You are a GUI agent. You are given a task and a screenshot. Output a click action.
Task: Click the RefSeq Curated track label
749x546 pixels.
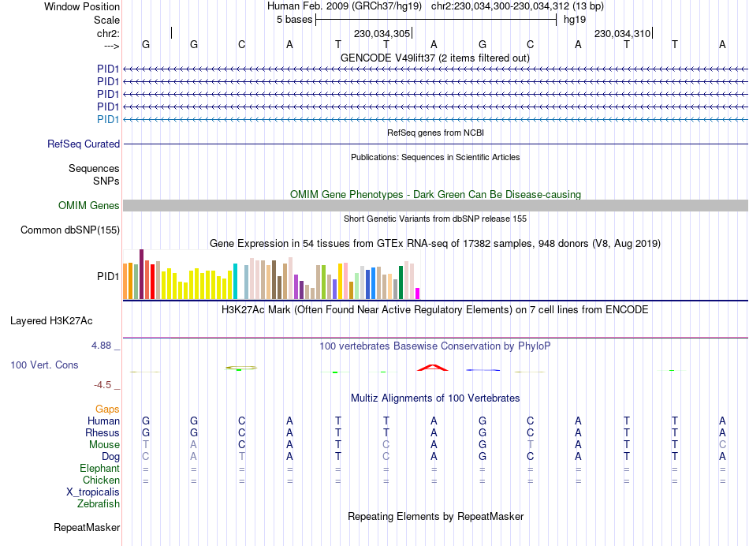tap(84, 144)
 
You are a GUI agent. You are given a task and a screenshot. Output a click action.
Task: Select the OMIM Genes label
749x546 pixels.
tap(89, 206)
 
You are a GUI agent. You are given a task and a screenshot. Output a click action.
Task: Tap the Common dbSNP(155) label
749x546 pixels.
tap(70, 230)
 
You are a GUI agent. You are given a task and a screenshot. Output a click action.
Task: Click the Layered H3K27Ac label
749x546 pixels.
tap(51, 321)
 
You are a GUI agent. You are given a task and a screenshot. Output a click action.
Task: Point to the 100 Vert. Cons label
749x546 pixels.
tap(44, 365)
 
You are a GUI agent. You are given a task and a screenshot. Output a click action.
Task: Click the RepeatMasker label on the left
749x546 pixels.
tap(87, 527)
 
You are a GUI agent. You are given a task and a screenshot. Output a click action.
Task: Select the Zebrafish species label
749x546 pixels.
tap(99, 504)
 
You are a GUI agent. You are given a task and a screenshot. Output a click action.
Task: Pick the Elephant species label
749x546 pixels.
tap(99, 469)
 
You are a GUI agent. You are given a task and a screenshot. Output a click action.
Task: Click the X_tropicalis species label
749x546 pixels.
tap(93, 492)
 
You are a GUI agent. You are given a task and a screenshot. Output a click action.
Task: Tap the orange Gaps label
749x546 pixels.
tap(107, 409)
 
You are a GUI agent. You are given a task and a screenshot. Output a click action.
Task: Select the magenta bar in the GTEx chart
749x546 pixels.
tap(418, 294)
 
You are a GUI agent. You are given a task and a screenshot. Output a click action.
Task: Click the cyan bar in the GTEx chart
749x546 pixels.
tap(235, 281)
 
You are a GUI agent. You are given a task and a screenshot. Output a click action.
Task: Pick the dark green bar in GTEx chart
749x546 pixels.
tap(401, 282)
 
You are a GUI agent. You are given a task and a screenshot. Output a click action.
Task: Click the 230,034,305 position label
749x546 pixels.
tap(382, 33)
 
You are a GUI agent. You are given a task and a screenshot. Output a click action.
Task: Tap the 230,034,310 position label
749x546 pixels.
tap(622, 33)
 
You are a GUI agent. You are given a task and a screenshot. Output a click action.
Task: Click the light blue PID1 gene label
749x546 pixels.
tap(108, 119)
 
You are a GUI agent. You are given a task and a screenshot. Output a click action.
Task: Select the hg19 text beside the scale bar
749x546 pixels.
tap(575, 20)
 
